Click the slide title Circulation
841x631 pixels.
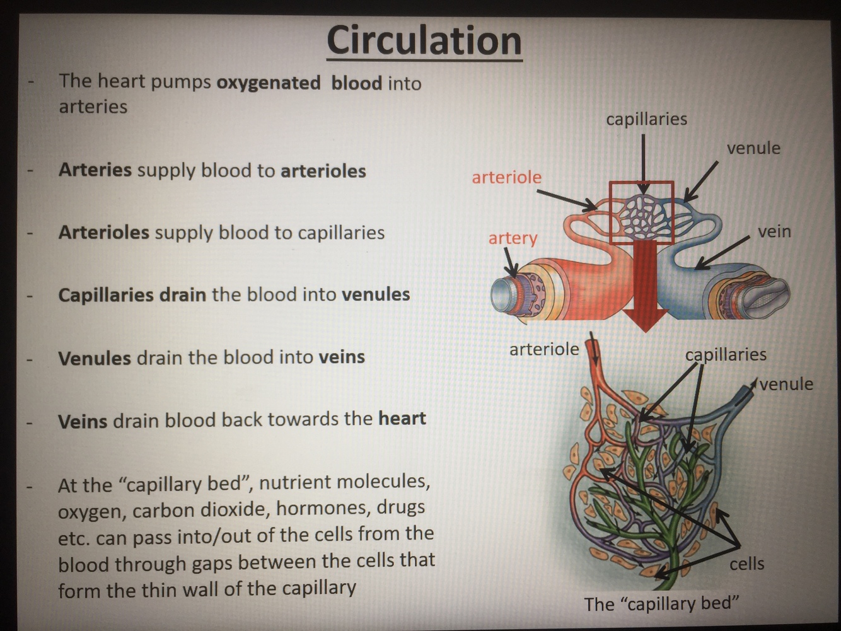pyautogui.click(x=424, y=40)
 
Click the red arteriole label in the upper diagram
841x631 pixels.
pyautogui.click(x=506, y=177)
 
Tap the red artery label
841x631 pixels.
pyautogui.click(x=513, y=238)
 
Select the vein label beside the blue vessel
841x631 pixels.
pyautogui.click(x=774, y=231)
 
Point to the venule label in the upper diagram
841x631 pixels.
pyautogui.click(x=753, y=148)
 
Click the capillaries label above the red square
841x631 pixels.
pyautogui.click(x=646, y=119)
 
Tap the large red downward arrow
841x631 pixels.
pyautogui.click(x=644, y=284)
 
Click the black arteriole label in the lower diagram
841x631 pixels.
pyautogui.click(x=543, y=349)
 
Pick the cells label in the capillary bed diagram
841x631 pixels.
pyautogui.click(x=746, y=564)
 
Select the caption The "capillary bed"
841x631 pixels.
pyautogui.click(x=661, y=603)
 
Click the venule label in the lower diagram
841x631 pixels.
pyautogui.click(x=786, y=384)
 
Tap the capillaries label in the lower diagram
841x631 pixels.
pyautogui.click(x=726, y=354)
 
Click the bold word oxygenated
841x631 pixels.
pyautogui.click(x=268, y=83)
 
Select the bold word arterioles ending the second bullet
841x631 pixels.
pyautogui.click(x=323, y=171)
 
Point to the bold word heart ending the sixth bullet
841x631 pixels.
pyautogui.click(x=402, y=419)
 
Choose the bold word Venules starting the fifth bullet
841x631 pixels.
pyautogui.click(x=95, y=358)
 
